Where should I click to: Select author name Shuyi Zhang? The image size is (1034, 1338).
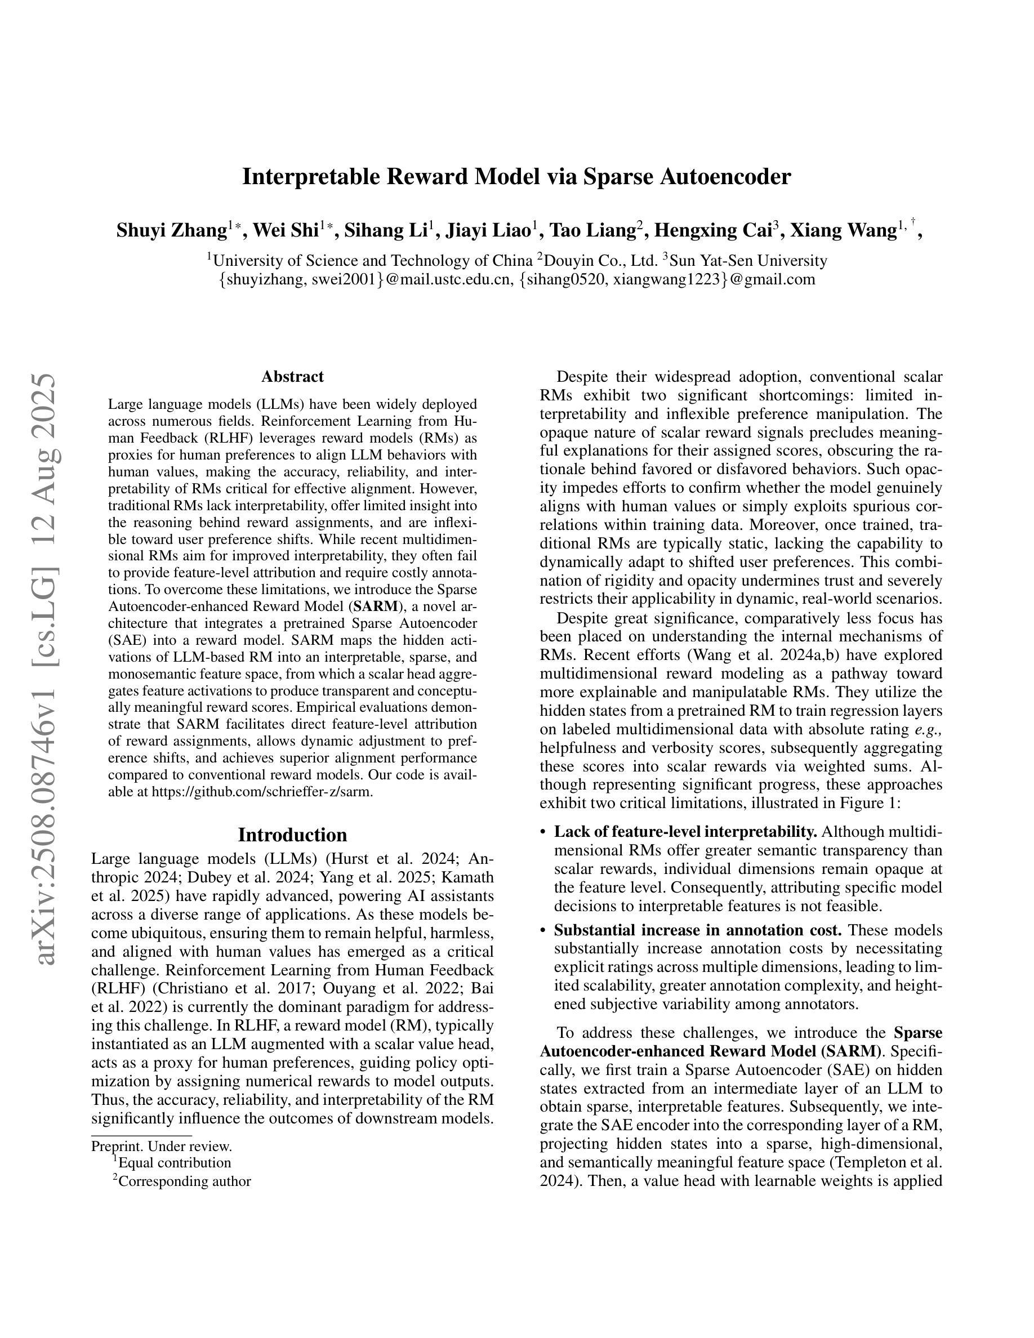coord(172,231)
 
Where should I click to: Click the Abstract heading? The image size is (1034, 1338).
coord(292,376)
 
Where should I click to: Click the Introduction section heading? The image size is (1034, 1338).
coord(292,835)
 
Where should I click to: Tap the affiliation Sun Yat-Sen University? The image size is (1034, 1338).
coord(747,261)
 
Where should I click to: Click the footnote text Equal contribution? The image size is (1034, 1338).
coord(174,1163)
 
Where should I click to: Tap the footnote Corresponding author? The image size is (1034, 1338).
coord(184,1181)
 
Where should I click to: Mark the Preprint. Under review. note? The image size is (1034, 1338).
coord(161,1146)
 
